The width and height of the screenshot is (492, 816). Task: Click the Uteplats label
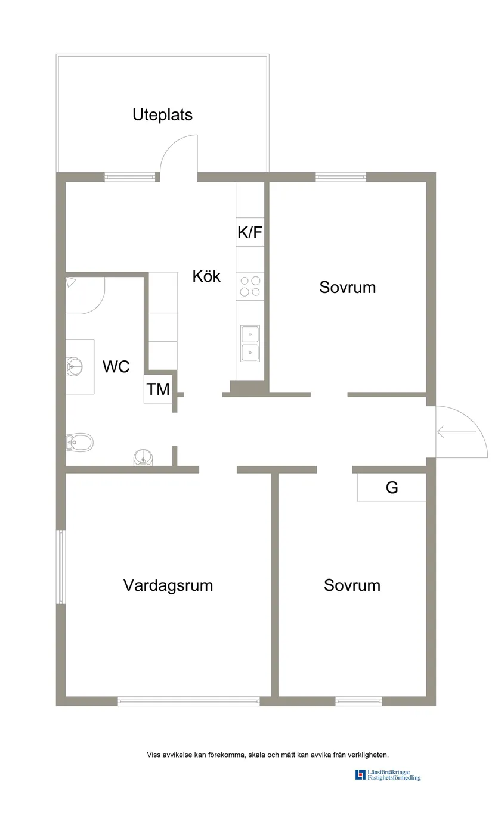tap(162, 114)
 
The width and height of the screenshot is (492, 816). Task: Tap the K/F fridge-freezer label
tap(250, 233)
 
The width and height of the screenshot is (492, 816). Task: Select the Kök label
tap(206, 276)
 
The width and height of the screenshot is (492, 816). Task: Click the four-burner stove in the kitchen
tap(250, 286)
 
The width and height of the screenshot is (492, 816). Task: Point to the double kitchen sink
tap(250, 344)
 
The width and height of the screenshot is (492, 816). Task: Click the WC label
tap(116, 367)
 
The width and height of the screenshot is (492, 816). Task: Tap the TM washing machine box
tap(158, 390)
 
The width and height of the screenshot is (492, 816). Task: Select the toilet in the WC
tap(79, 442)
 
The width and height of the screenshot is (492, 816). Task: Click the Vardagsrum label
tap(168, 585)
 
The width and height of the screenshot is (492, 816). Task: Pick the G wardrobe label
tap(392, 488)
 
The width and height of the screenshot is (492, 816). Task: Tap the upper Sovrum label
tap(347, 287)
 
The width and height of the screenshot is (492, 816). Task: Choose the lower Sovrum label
tap(352, 585)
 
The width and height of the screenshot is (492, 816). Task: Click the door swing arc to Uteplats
tap(177, 152)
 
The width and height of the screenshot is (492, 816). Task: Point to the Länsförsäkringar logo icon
tap(360, 774)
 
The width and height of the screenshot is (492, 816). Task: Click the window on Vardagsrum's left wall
tap(60, 566)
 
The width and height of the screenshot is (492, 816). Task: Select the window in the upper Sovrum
tap(341, 176)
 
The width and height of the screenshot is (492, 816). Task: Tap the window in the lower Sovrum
tap(358, 702)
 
